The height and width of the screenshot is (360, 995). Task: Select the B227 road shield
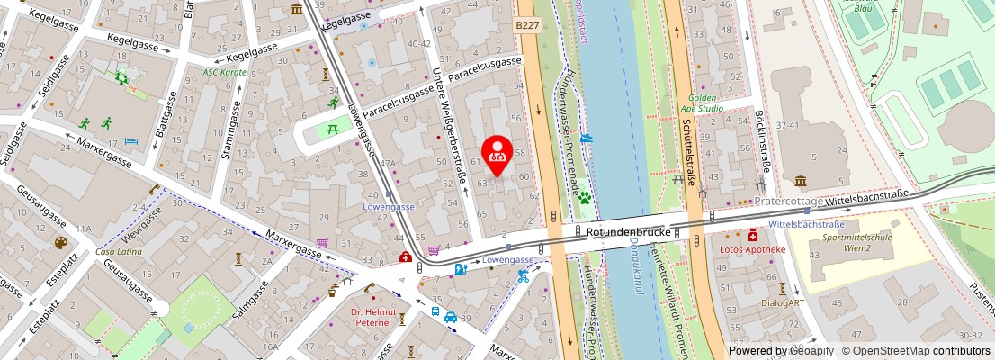coord(528,27)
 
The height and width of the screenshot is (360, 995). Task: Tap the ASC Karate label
coord(224,72)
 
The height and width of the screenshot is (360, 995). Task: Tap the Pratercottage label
coord(788,202)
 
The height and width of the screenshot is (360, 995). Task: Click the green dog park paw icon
coord(585,195)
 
